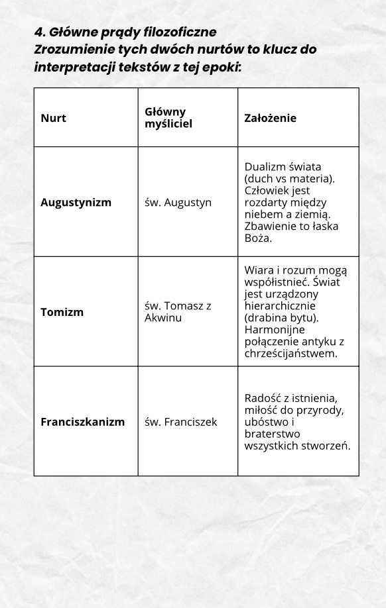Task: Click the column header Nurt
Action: tap(54, 119)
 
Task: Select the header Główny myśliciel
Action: tap(165, 118)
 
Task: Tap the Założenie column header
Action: tap(270, 119)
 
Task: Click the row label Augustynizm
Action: tap(76, 202)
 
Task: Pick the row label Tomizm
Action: tap(62, 312)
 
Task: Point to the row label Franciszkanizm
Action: tap(82, 421)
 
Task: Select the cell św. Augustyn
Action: tap(178, 202)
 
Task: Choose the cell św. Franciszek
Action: tap(180, 421)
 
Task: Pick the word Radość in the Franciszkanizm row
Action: tap(263, 397)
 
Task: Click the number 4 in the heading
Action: tap(38, 32)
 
